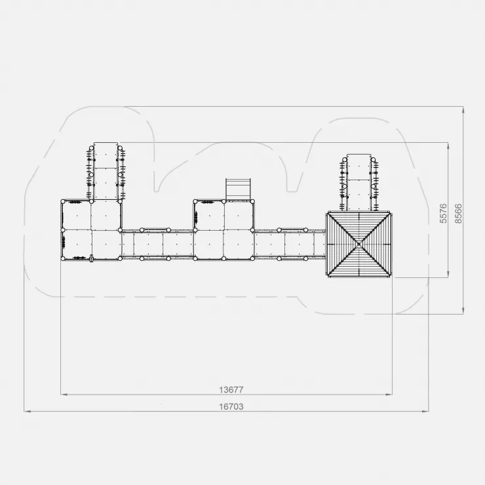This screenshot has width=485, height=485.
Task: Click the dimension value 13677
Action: [x=231, y=390]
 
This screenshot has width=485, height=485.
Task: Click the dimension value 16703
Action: [x=231, y=406]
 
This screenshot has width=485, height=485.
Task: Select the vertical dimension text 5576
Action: [x=443, y=213]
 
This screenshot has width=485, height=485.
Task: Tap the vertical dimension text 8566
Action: [x=458, y=214]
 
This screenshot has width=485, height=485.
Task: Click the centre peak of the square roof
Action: [x=359, y=244]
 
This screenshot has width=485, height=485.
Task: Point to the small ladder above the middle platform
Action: [x=238, y=189]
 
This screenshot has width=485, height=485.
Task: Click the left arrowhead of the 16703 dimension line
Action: [x=28, y=412]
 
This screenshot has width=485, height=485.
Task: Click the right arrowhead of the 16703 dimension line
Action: [x=425, y=412]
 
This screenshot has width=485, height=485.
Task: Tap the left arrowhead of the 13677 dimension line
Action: [x=64, y=395]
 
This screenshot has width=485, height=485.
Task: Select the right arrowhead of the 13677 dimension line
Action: [x=389, y=395]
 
